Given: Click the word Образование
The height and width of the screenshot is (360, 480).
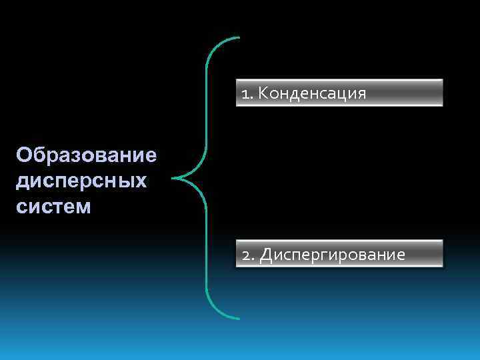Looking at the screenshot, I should [87, 155].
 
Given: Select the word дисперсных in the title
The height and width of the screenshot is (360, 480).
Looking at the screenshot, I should [81, 181].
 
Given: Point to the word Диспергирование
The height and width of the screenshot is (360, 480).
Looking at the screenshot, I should [332, 255].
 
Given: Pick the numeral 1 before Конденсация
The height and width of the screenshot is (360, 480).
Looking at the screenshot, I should [245, 94].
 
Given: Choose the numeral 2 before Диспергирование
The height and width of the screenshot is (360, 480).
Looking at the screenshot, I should [246, 255].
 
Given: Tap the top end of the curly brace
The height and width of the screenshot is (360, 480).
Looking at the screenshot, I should [237, 38].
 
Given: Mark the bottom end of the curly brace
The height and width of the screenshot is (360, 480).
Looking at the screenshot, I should [237, 317].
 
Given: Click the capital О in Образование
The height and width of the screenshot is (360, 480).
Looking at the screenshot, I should [25, 155].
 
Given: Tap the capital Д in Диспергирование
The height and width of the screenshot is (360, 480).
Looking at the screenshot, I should [265, 255].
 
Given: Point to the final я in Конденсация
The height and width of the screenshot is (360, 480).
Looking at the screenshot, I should [361, 94].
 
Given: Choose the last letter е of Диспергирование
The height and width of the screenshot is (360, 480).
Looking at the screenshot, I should [400, 255].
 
